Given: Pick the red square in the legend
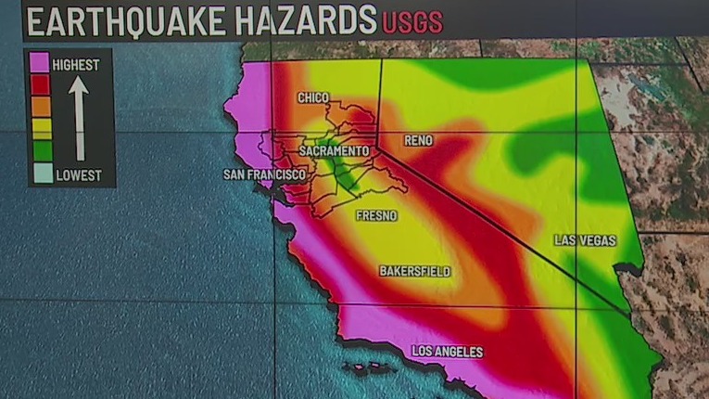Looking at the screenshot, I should (40, 86).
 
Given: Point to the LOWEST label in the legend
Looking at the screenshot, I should (78, 175).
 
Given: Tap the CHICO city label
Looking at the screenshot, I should (313, 97).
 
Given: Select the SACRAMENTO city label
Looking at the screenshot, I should (334, 150).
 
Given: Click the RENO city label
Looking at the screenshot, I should (419, 141).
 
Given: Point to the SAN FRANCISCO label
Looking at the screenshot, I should (264, 174).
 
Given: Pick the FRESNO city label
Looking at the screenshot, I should (376, 215).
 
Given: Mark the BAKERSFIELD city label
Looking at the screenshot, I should (414, 271).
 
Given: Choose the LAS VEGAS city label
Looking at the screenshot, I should (585, 240).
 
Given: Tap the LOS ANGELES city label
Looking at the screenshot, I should (446, 352).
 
